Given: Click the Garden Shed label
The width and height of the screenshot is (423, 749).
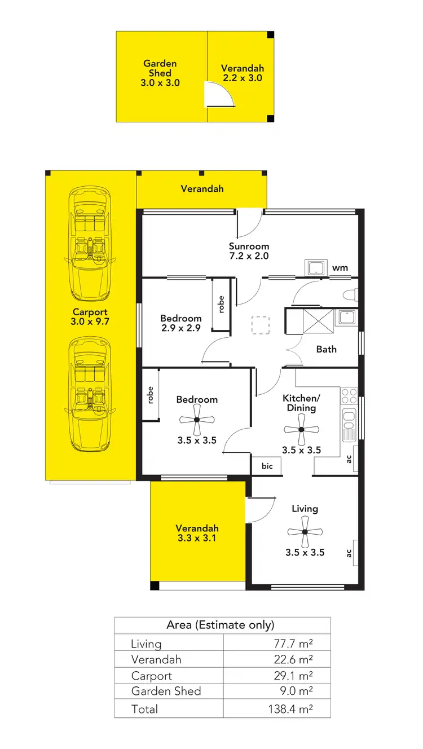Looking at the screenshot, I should pos(160,73).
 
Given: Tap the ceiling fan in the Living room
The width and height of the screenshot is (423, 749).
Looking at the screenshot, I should pos(305,532).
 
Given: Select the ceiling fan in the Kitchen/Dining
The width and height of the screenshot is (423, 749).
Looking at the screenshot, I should pos(301,429).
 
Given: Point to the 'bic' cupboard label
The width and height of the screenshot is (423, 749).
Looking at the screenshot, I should pos(267,466).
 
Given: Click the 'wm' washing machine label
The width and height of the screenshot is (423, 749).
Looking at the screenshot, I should pos(340,268).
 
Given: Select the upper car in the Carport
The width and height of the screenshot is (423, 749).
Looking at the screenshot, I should pos(90,244).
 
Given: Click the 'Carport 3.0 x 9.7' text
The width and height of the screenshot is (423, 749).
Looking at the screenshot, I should pos(90,316).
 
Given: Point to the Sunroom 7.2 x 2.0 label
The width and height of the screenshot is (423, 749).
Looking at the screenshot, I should pos(249,250).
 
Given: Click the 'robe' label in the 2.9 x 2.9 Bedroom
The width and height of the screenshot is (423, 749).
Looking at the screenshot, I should pos(221,305).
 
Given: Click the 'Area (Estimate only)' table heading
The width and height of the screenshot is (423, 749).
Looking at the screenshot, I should pos(221,625).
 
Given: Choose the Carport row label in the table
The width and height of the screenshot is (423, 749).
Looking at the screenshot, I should pos(151,676).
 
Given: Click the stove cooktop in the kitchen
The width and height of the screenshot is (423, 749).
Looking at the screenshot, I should pos(349,395).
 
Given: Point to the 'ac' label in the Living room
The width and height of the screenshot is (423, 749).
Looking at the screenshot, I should pos(349,552).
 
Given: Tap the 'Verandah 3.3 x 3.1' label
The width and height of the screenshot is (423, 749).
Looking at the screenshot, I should pos(197,533).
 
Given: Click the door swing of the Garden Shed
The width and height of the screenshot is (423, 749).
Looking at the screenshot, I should pos(218,94).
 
